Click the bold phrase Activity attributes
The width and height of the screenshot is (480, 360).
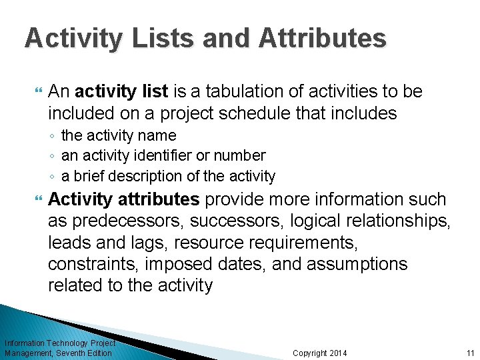124,199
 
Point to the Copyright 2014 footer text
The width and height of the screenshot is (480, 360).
320,353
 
